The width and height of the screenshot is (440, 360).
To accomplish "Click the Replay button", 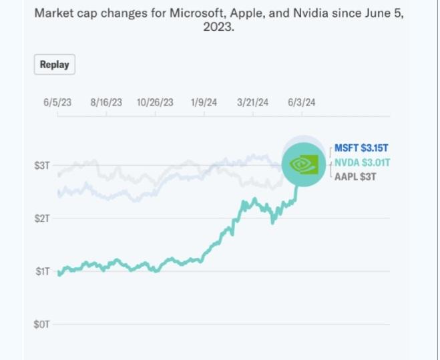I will [x=55, y=65].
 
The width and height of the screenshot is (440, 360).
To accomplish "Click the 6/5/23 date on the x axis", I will [x=57, y=102].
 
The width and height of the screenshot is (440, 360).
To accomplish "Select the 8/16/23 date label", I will [x=106, y=102].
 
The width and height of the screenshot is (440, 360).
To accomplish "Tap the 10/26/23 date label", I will [x=155, y=102].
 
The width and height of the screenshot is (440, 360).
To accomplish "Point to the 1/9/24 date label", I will [x=204, y=102].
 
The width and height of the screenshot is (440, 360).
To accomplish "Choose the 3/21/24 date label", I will [x=253, y=102].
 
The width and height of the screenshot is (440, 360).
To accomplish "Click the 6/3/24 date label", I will [x=302, y=102].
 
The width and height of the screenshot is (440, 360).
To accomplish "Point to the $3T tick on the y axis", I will [x=42, y=164].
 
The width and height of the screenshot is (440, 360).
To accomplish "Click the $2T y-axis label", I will [x=42, y=218].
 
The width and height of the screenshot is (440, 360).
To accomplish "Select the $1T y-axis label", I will [x=42, y=271].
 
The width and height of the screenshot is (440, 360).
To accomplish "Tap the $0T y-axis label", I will [x=42, y=324].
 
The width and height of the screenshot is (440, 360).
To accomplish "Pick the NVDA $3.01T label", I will [x=363, y=162].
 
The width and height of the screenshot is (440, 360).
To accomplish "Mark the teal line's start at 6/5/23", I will [x=59, y=274].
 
